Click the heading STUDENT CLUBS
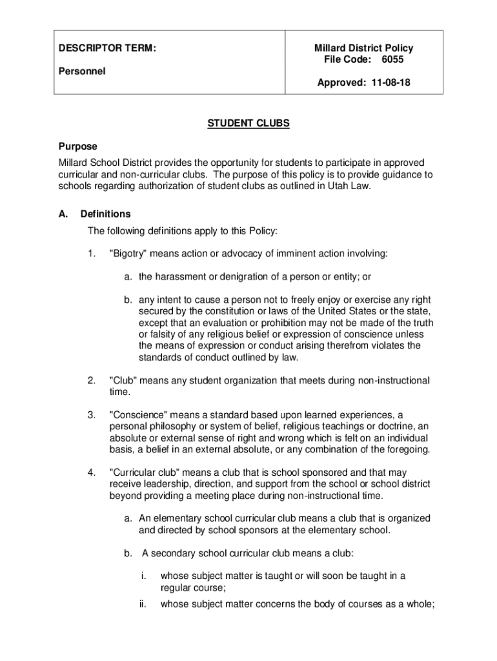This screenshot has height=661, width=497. [248, 124]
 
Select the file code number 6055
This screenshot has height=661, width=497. [392, 60]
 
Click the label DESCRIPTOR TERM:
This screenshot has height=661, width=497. [107, 48]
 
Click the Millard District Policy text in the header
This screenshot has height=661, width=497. [363, 48]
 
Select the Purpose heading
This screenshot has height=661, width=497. [77, 147]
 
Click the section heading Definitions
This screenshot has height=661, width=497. [105, 214]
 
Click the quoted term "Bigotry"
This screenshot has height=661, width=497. [130, 254]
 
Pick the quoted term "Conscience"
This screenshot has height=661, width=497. [138, 415]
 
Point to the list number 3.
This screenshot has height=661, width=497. [91, 415]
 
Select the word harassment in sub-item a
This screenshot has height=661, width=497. [180, 277]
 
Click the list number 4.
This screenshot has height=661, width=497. [91, 473]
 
